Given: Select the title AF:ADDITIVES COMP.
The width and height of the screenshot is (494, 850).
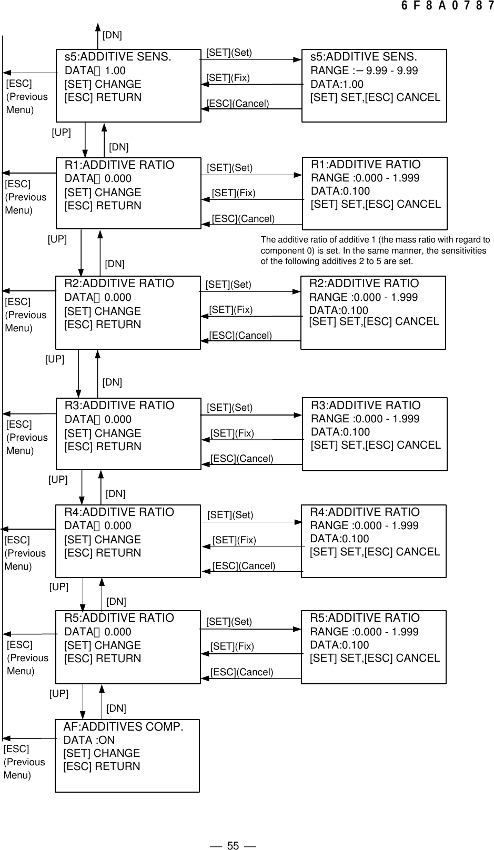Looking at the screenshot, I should pyautogui.click(x=124, y=727).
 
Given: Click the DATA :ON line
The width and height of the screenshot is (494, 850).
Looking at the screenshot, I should pyautogui.click(x=89, y=740).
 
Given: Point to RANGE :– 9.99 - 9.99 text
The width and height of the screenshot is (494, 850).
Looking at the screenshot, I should pyautogui.click(x=364, y=70).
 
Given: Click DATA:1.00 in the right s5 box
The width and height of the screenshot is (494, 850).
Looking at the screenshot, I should pyautogui.click(x=337, y=84).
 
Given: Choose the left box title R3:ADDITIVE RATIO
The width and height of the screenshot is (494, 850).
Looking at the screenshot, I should pyautogui.click(x=119, y=406).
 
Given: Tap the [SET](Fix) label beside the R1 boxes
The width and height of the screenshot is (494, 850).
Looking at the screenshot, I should pyautogui.click(x=234, y=193).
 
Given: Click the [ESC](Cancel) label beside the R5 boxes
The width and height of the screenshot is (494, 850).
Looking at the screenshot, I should pyautogui.click(x=241, y=672).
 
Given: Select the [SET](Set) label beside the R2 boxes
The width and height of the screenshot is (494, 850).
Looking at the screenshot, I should pyautogui.click(x=228, y=285).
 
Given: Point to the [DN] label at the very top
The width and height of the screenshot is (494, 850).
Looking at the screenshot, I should pyautogui.click(x=112, y=35).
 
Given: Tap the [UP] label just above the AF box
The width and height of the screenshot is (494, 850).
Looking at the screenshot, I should pyautogui.click(x=59, y=694).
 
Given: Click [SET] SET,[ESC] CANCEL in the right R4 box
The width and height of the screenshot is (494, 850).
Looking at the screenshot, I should pyautogui.click(x=375, y=552).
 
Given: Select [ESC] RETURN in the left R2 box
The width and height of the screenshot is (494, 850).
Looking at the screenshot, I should pyautogui.click(x=103, y=325).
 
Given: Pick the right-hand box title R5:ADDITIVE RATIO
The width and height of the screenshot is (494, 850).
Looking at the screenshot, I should pyautogui.click(x=365, y=618).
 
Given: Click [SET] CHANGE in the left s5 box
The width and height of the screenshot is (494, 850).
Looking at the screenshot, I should pyautogui.click(x=103, y=84).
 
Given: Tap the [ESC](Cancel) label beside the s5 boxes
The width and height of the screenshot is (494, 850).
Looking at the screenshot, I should pyautogui.click(x=238, y=104).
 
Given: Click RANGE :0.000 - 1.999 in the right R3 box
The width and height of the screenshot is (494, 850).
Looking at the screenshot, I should pyautogui.click(x=365, y=419).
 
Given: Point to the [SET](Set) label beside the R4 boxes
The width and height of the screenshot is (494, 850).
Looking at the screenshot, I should pyautogui.click(x=230, y=515).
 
